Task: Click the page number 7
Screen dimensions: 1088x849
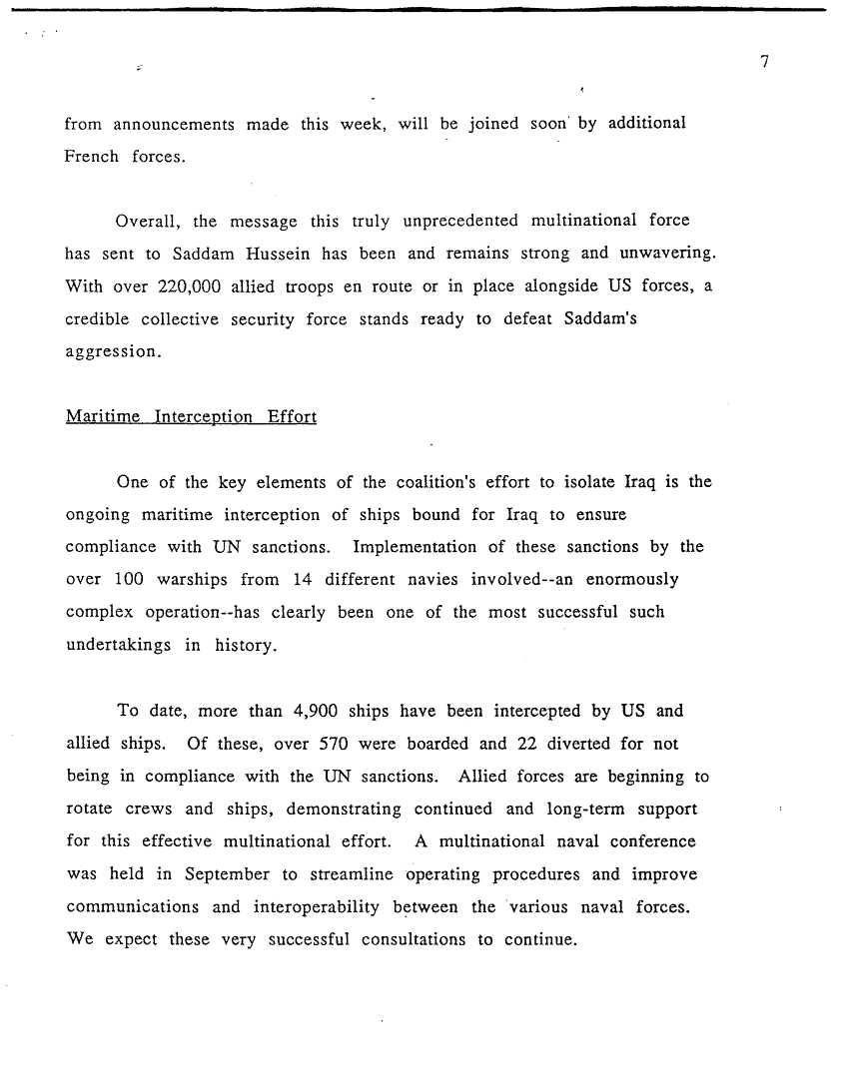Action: tap(764, 63)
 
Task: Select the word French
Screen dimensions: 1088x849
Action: tap(90, 157)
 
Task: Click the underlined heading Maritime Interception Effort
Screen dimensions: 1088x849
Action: tap(191, 416)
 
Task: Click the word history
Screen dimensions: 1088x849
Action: tap(247, 645)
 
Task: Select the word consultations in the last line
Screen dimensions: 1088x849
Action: tap(416, 939)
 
